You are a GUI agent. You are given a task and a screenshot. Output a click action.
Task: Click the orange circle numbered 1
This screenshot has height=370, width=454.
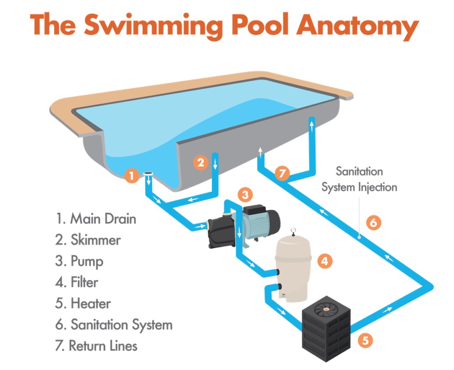point(132,176)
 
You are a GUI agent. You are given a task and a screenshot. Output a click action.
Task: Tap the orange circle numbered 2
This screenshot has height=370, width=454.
point(201,163)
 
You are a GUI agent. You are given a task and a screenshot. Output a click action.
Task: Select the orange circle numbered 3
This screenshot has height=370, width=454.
point(245,195)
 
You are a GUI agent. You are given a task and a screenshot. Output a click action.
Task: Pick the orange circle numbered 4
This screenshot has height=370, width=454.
point(325,261)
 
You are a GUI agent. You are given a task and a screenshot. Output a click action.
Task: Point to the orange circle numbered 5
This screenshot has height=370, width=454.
point(365,340)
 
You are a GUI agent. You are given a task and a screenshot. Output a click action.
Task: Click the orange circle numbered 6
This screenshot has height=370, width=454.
point(373,223)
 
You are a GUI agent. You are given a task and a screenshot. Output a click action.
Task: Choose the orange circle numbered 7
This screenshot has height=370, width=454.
point(282,173)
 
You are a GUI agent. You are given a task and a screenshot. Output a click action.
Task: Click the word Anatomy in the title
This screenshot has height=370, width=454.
point(358,25)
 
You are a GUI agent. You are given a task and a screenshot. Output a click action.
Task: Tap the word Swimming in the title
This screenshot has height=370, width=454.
point(153,25)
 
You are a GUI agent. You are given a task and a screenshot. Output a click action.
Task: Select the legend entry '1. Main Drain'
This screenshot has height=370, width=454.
point(96,219)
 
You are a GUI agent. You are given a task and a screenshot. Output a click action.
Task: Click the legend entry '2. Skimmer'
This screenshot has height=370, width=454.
point(88,240)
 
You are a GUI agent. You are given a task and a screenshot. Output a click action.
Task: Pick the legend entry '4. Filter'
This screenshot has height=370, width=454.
point(77,282)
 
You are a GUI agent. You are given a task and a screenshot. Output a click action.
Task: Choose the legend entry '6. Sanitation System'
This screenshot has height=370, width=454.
point(114,325)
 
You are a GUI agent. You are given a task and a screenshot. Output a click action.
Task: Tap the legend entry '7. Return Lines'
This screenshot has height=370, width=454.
point(96,346)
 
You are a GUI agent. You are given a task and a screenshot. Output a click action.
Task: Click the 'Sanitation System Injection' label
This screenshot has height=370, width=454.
point(359,179)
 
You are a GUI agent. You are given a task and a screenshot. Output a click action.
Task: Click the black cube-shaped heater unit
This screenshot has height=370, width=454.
point(326,329)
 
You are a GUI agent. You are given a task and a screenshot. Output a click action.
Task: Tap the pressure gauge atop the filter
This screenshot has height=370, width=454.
point(294,231)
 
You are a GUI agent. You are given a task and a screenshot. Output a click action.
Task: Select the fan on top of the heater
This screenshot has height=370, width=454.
point(326,309)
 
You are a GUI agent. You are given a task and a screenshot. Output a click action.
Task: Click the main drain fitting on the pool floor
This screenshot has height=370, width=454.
point(148,174)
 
